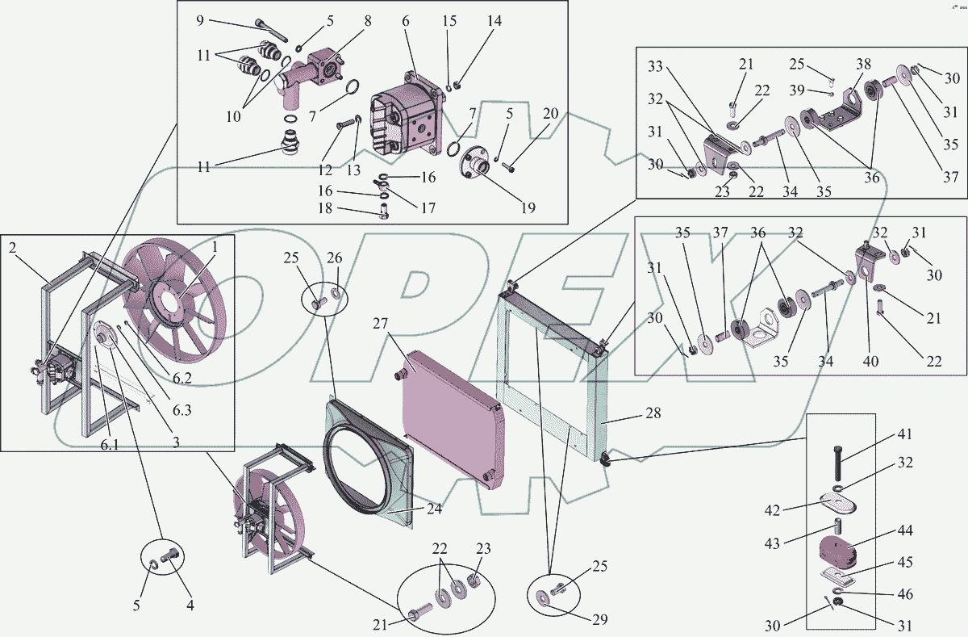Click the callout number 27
click(380, 325)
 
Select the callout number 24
click(434, 509)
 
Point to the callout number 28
click(653, 413)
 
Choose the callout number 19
click(528, 207)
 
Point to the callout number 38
click(863, 63)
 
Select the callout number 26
click(335, 258)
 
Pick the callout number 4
click(190, 605)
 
